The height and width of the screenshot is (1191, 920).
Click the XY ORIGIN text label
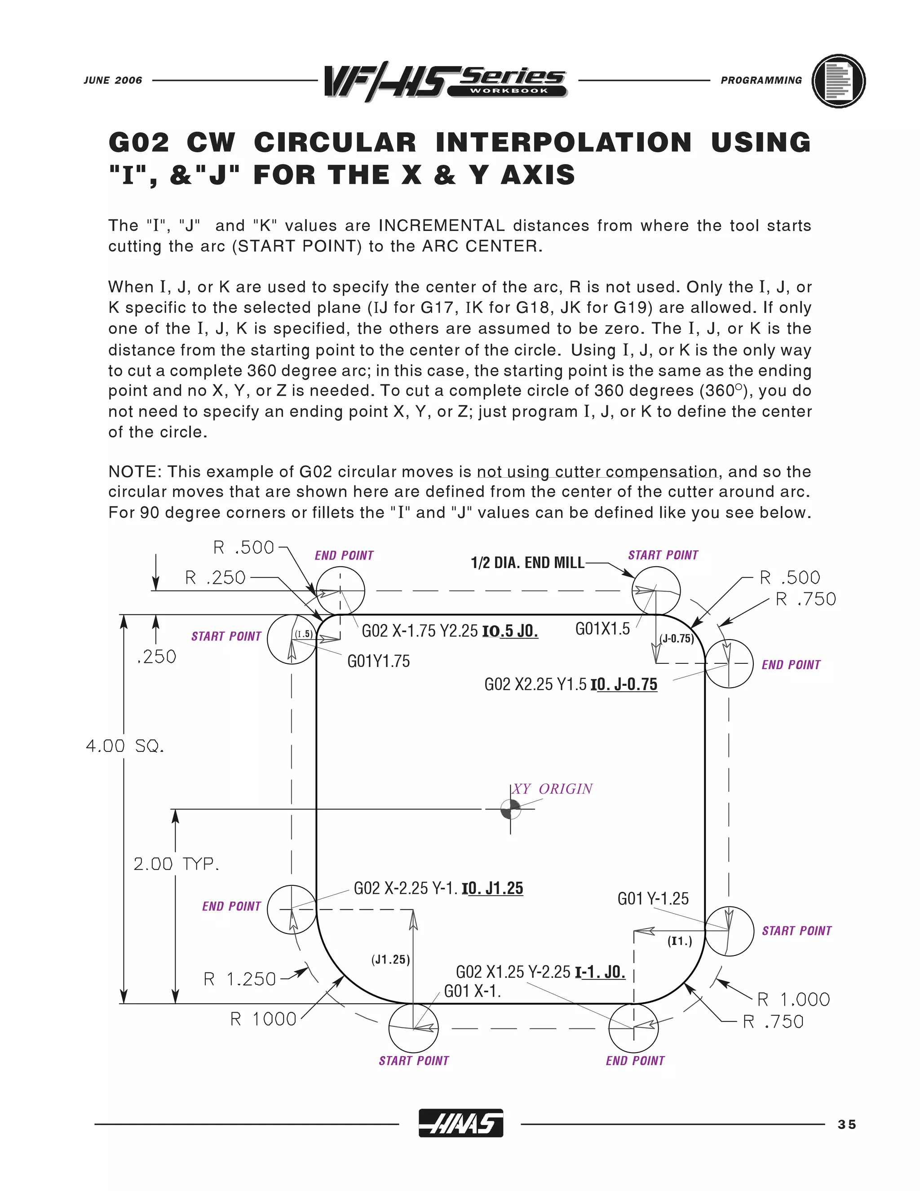pyautogui.click(x=552, y=789)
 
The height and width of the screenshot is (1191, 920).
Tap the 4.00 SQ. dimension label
pyautogui.click(x=125, y=746)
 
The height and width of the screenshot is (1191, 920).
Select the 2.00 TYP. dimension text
pyautogui.click(x=176, y=864)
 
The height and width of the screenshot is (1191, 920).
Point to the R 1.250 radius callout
pyautogui.click(x=240, y=979)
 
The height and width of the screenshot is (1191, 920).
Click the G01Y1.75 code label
pyautogui.click(x=378, y=662)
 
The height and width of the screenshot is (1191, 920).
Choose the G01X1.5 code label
pyautogui.click(x=602, y=629)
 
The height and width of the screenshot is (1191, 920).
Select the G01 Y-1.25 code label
pyautogui.click(x=653, y=898)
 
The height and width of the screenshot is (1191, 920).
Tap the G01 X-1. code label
pyautogui.click(x=472, y=991)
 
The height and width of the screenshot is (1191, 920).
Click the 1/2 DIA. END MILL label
pyautogui.click(x=527, y=563)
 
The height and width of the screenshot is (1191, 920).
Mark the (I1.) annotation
pyautogui.click(x=680, y=941)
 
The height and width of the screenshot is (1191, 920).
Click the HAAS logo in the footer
pyautogui.click(x=460, y=1124)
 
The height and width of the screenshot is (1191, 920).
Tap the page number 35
pyautogui.click(x=847, y=1124)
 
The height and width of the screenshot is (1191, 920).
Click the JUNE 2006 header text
pyautogui.click(x=113, y=80)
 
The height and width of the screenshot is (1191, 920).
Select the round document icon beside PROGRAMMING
pyautogui.click(x=838, y=81)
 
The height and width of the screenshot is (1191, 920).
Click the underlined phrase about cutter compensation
pyautogui.click(x=597, y=472)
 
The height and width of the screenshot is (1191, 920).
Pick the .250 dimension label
pyautogui.click(x=156, y=657)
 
